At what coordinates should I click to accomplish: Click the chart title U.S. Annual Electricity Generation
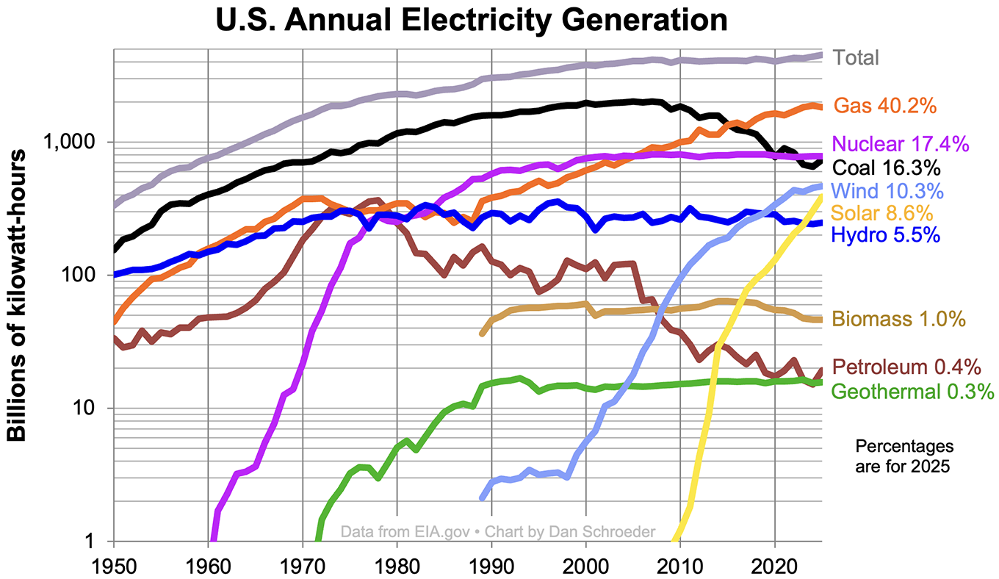[471, 20]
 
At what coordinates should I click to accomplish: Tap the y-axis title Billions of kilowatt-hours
[18, 294]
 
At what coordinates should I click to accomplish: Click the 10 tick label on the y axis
[96, 409]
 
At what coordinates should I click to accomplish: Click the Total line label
[856, 57]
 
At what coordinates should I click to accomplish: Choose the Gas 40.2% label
[885, 106]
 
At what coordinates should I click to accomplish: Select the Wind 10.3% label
[887, 191]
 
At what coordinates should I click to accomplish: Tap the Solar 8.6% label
[882, 214]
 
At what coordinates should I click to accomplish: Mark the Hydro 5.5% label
[885, 235]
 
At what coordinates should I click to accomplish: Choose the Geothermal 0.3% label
[912, 391]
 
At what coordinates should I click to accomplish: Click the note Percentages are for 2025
[905, 456]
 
